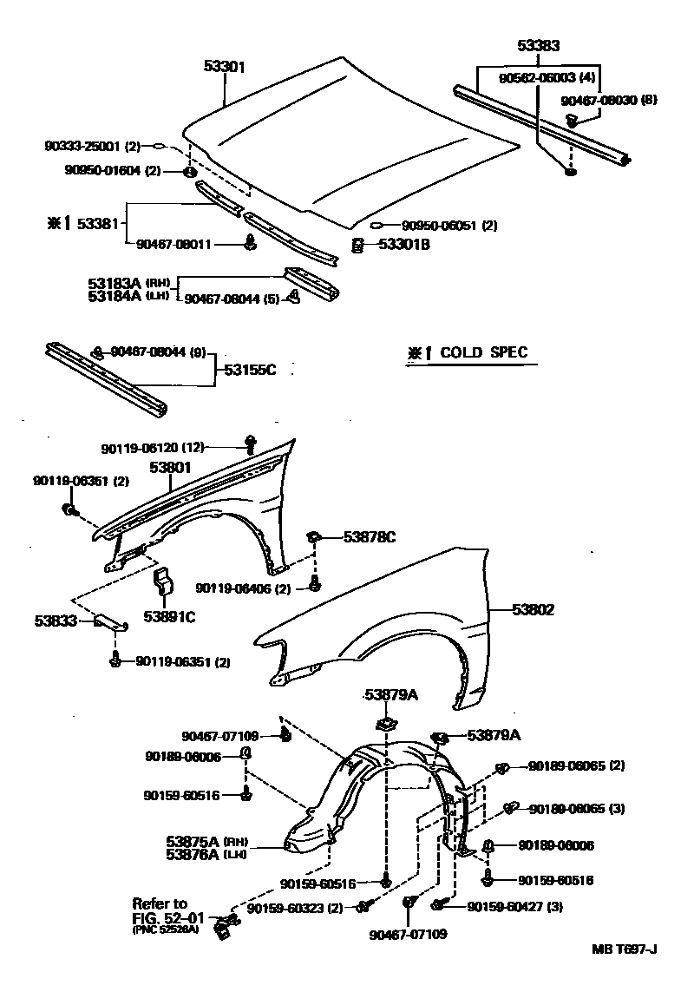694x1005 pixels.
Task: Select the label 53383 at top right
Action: tap(539, 46)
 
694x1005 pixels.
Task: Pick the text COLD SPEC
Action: tap(484, 353)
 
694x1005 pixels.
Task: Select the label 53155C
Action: tap(250, 371)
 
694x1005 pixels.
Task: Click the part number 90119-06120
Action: tap(141, 448)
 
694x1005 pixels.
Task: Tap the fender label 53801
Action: tap(169, 467)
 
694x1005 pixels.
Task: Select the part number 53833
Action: tap(56, 621)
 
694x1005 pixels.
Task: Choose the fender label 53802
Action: tap(533, 610)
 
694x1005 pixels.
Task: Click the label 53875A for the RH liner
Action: tap(193, 840)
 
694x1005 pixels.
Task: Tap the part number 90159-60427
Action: tap(506, 907)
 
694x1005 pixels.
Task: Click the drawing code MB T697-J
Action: tap(624, 949)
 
